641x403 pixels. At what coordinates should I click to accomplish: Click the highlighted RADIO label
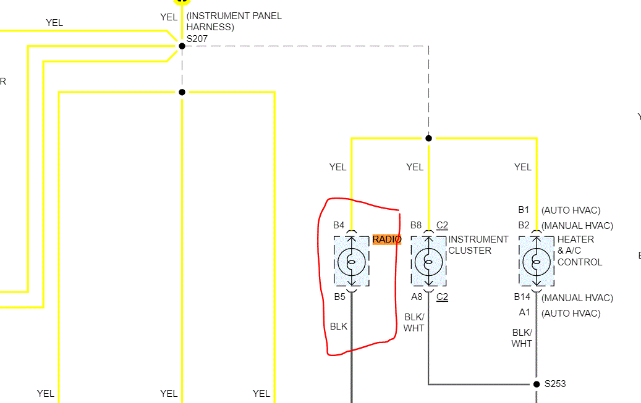[x=387, y=239]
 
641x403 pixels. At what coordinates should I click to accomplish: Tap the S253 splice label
[x=554, y=384]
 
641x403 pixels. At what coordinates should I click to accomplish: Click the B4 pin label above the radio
[x=339, y=225]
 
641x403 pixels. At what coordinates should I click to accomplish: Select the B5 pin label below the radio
[x=339, y=297]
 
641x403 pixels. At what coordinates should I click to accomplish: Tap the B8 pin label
[x=415, y=225]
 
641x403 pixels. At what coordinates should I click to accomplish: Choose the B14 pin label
[x=522, y=297]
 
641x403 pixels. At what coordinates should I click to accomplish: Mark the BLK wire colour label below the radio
[x=339, y=326]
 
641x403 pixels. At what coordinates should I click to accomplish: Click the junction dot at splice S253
[x=537, y=384]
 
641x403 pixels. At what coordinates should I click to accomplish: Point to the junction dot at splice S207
[x=182, y=46]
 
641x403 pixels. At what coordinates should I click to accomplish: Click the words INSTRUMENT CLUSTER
[x=478, y=245]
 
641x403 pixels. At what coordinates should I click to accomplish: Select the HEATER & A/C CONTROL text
[x=579, y=251]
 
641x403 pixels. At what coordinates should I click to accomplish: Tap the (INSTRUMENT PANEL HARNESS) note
[x=234, y=21]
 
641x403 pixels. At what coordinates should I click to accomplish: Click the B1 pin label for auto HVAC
[x=524, y=210]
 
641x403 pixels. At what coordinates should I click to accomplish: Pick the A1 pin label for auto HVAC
[x=524, y=313]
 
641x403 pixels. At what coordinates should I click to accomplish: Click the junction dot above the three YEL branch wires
[x=428, y=138]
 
